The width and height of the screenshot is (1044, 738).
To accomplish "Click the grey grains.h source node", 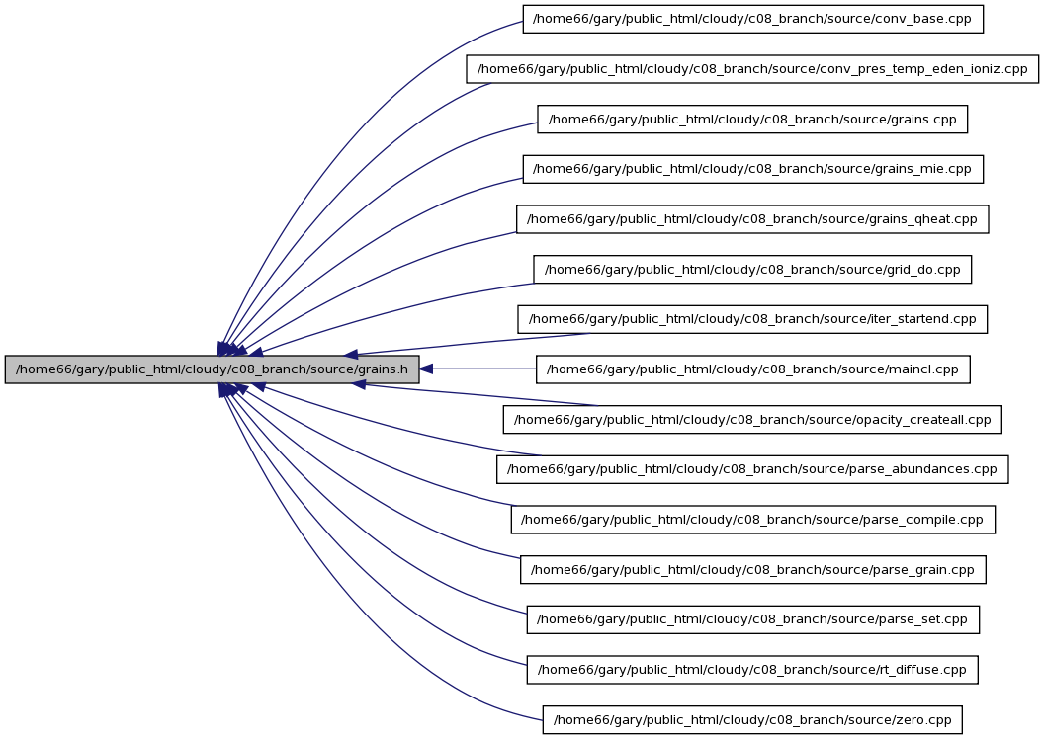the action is tap(212, 369).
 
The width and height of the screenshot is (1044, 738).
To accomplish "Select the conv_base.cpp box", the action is tap(753, 19).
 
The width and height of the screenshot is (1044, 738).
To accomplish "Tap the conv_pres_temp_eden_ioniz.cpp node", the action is tap(752, 69).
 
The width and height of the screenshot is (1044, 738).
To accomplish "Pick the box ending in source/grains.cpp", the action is tap(752, 120).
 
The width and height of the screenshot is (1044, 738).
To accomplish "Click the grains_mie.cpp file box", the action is tap(753, 169).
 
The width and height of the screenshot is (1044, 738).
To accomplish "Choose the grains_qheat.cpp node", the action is tap(752, 219).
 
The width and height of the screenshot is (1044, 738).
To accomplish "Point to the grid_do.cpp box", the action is tap(752, 270).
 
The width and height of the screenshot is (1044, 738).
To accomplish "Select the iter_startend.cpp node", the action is tap(752, 319).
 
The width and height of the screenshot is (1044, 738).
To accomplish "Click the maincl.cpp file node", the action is tap(753, 369).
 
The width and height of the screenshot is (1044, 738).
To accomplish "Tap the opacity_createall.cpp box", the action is tap(752, 419).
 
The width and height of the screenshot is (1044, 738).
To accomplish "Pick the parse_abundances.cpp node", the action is tap(752, 469).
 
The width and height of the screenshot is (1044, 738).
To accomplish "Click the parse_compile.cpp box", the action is tap(753, 520).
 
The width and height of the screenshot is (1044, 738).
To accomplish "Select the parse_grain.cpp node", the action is tap(753, 570).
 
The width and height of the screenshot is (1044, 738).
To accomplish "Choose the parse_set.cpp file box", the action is tap(753, 619).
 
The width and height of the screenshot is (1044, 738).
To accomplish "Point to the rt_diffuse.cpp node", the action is tap(752, 670).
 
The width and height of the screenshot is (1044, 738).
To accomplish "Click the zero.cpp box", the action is tap(752, 720).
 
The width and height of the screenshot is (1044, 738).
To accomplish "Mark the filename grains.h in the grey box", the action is tap(384, 369).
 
